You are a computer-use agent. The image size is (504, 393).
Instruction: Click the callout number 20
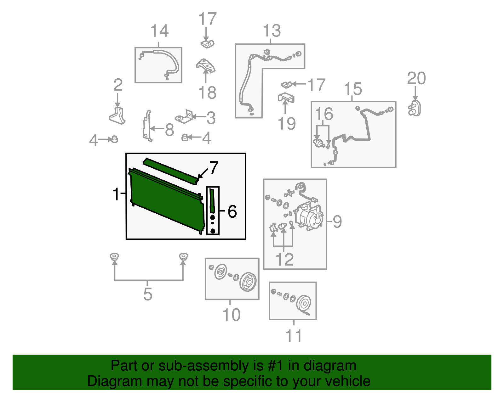click(416, 78)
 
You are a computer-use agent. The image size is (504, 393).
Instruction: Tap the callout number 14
click(159, 31)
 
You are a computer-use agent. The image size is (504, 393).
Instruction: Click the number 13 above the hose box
click(272, 31)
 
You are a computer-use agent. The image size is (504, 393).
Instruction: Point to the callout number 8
click(169, 130)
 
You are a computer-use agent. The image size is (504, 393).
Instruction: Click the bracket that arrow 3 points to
click(185, 117)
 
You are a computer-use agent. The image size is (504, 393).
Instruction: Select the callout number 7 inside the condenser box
click(214, 167)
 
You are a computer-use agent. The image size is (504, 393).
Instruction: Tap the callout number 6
click(232, 211)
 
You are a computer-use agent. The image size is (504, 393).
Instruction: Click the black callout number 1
click(116, 194)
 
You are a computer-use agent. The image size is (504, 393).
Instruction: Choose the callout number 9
click(337, 222)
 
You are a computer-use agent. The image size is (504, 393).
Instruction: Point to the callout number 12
click(284, 260)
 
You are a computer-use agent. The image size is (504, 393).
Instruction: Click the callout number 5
click(148, 294)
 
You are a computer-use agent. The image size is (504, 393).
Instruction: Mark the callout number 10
click(232, 315)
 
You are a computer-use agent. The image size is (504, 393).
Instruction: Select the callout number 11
click(294, 336)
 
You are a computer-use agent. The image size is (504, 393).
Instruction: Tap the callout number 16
click(324, 114)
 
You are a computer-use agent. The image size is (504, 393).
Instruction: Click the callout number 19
click(287, 123)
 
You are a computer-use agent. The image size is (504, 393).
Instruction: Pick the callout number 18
click(207, 93)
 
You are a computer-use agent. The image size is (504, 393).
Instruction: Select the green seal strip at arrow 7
click(170, 170)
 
